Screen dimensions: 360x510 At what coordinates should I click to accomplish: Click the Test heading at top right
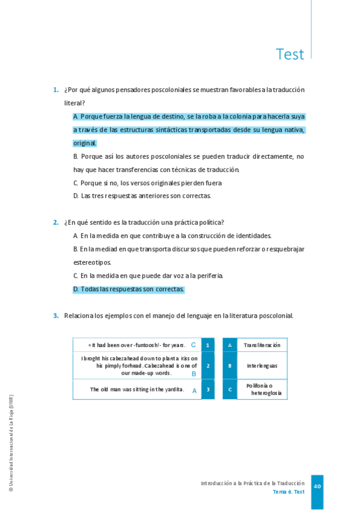click(290, 54)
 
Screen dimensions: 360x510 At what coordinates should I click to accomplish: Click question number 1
click(55, 90)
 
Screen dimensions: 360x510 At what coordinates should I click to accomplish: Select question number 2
click(55, 223)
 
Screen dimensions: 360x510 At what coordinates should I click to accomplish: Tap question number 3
click(55, 316)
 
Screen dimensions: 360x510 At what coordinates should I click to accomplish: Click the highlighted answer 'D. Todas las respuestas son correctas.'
click(129, 289)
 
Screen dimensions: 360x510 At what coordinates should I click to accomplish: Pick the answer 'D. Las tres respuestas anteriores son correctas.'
click(142, 196)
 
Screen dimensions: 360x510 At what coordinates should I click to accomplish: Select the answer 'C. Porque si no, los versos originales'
click(147, 183)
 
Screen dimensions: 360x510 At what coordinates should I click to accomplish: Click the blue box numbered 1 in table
click(207, 345)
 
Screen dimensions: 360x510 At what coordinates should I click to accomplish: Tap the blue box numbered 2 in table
click(207, 366)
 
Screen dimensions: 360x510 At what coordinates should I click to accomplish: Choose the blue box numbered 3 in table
click(207, 390)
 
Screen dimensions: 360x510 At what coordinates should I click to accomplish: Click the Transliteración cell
click(262, 345)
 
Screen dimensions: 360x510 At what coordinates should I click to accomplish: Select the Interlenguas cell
click(262, 366)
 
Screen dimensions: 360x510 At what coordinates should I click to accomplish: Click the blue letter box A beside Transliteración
click(230, 345)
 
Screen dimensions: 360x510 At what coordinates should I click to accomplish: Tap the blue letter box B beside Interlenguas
click(230, 366)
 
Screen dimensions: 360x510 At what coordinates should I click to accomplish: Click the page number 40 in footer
click(317, 486)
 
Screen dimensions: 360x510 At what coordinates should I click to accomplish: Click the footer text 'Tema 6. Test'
click(288, 492)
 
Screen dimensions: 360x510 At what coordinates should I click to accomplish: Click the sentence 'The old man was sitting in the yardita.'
click(137, 390)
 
